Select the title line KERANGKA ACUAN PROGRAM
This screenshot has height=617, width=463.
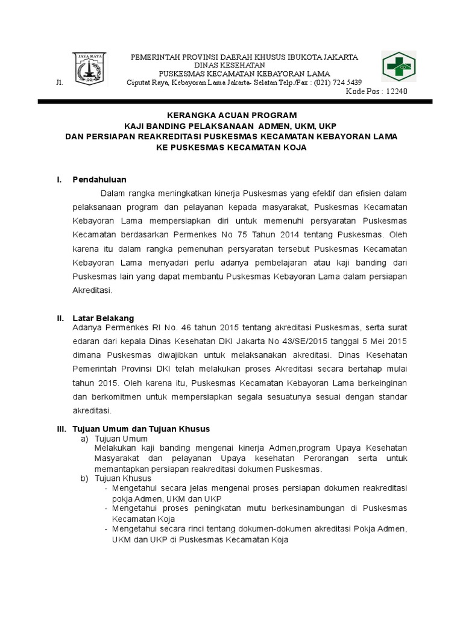point(231,114)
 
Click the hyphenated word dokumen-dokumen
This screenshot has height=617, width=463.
point(269,530)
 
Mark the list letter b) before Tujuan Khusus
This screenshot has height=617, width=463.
point(84,478)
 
